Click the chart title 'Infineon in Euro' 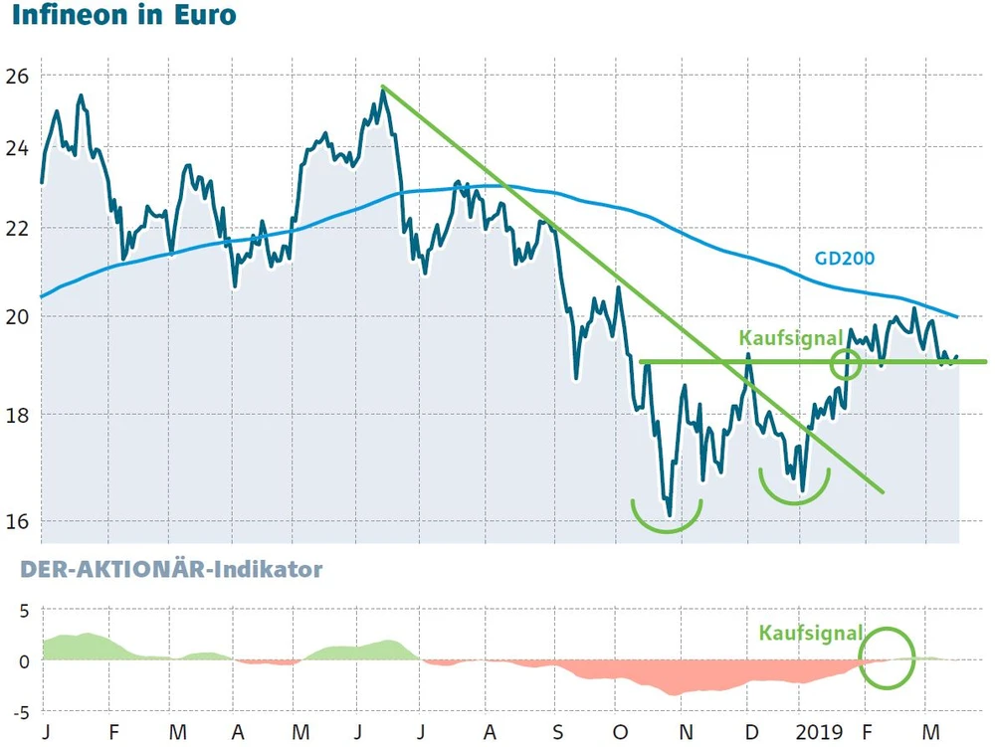pos(123,17)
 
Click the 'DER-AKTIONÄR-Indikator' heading pos(161,570)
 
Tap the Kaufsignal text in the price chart pos(791,338)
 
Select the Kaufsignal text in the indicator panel pos(811,633)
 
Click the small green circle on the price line pos(847,364)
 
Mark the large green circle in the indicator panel pos(887,657)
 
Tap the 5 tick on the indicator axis pos(23,611)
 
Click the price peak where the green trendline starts pos(383,89)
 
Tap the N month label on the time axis pos(685,732)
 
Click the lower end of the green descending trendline pos(882,490)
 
